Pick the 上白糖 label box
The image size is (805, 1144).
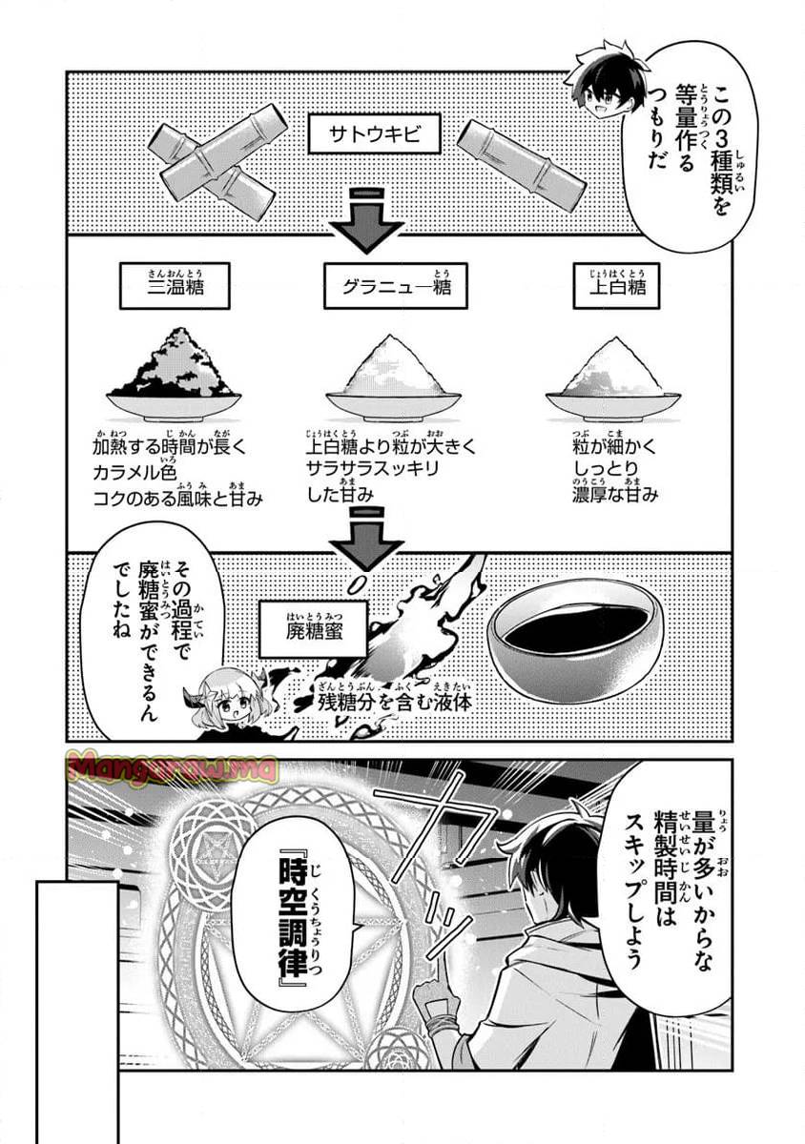click(x=610, y=287)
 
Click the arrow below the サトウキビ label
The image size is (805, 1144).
click(x=367, y=223)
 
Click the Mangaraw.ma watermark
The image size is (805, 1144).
click(x=172, y=766)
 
